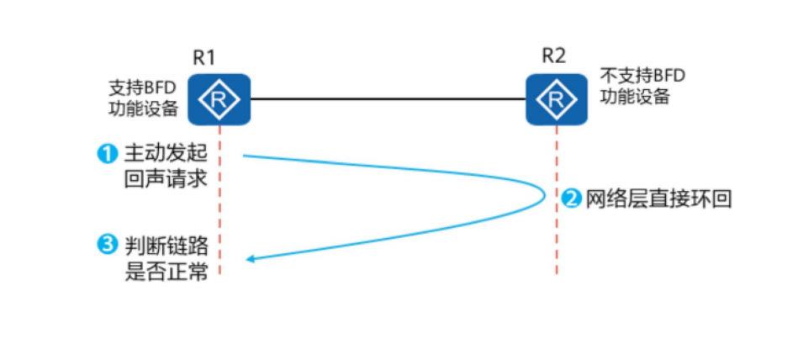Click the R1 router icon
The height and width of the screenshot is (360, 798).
pos(219,99)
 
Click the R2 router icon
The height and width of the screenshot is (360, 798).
pos(557,99)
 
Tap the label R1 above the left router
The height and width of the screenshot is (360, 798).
pos(204,57)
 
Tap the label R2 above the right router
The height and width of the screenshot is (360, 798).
pos(553,56)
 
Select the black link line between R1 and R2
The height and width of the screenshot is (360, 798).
pos(388,99)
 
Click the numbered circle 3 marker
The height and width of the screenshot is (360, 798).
pos(105,246)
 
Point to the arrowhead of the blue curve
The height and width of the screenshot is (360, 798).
pos(251,260)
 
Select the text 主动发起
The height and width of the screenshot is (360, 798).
pos(166,154)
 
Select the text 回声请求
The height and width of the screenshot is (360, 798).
pos(166,178)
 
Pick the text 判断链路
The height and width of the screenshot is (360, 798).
pos(166,246)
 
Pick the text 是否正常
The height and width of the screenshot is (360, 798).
pos(166,271)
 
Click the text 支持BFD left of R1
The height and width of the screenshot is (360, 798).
pos(143,87)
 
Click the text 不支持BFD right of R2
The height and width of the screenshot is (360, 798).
pos(643,77)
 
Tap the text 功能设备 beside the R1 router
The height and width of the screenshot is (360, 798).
pos(143,109)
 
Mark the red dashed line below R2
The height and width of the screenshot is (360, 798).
pos(557,200)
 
